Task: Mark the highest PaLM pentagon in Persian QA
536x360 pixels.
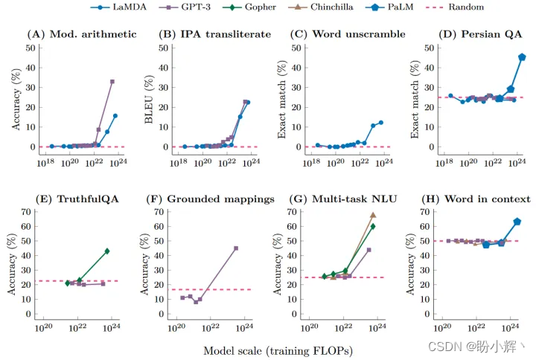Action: [x=522, y=57]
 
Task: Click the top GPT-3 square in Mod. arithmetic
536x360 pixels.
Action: [x=112, y=81]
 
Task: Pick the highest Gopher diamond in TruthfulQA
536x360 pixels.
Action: [x=107, y=251]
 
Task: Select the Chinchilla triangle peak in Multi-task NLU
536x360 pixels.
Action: [x=373, y=215]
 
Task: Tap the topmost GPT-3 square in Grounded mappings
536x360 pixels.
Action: [x=236, y=248]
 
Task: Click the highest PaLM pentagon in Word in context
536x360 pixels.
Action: [x=517, y=222]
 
